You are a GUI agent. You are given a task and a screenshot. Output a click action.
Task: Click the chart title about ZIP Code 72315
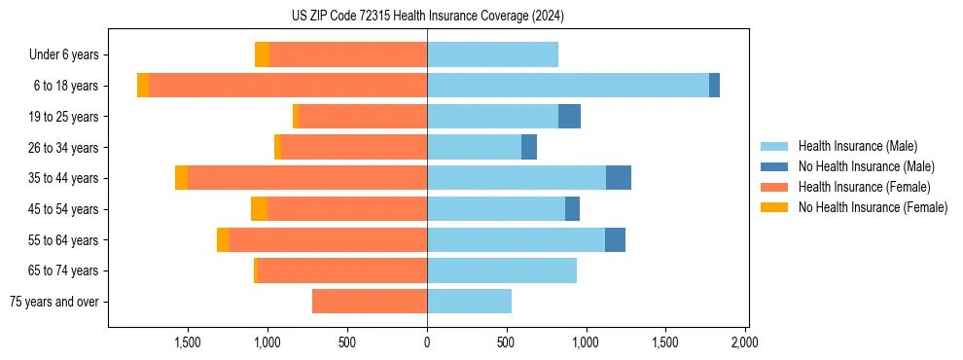427,16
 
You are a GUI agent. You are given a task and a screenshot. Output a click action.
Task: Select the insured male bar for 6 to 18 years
568,86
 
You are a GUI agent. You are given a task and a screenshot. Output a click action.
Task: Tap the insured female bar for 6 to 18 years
288,86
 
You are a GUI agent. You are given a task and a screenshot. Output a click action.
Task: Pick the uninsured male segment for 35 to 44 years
619,178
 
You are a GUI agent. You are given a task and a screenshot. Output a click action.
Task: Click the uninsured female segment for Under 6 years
262,54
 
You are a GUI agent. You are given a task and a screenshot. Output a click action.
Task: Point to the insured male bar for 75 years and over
469,302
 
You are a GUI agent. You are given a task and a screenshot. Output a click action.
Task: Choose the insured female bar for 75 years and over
370,302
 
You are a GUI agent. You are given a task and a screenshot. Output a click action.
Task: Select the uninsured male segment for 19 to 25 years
569,117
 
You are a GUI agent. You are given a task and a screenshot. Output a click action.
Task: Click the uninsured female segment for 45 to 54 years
259,209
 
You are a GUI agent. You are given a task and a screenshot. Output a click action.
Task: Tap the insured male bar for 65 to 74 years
502,270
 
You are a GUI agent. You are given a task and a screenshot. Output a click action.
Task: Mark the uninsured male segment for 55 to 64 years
615,240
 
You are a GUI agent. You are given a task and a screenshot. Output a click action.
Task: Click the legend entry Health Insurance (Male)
857,146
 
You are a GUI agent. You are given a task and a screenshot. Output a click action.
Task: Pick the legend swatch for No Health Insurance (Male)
774,166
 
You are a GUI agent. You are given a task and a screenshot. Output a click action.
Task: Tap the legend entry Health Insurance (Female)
864,187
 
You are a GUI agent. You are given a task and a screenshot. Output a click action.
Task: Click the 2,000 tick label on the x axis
744,342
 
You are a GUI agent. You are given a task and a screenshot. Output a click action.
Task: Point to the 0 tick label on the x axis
427,342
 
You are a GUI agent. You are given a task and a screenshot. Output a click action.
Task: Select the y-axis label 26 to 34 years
64,148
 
